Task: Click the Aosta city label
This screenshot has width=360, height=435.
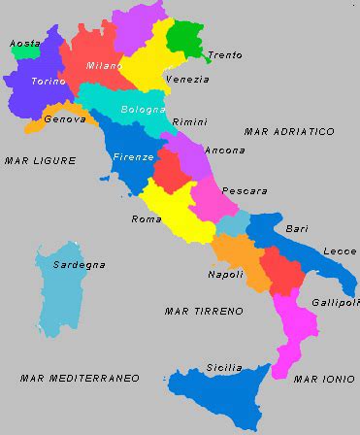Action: coord(25,43)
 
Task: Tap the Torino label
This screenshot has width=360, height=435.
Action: coord(49,81)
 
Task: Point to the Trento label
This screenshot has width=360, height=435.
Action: coord(225,55)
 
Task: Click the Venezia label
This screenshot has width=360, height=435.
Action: coord(187,79)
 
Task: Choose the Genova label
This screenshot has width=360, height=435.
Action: coord(65,119)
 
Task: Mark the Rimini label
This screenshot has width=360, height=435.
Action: coord(189,122)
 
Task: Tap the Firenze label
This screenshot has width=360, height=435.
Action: coord(132,156)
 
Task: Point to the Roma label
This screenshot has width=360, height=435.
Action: coord(147,218)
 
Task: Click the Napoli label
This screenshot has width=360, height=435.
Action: coord(225,274)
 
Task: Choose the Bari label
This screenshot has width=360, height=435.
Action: coord(297,229)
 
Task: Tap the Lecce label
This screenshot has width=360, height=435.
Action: coord(340,251)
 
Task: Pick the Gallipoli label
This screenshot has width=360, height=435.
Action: coord(335,302)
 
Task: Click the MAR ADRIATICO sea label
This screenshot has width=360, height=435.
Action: coord(289,131)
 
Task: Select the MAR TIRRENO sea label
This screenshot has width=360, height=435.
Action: coord(204,311)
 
